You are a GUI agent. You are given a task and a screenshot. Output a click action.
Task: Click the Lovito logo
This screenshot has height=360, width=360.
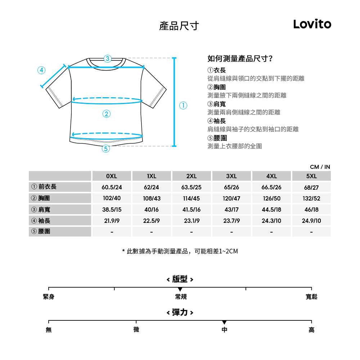312,24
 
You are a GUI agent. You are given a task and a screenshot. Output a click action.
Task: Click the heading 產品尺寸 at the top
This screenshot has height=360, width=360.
179,26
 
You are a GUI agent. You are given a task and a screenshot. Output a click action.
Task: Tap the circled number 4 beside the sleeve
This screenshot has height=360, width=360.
41,70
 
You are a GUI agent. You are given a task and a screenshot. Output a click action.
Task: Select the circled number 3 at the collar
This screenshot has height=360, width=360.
107,59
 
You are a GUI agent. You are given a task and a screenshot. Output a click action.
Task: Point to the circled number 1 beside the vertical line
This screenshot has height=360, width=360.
183,105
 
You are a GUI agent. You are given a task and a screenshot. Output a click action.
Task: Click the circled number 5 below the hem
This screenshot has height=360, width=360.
106,149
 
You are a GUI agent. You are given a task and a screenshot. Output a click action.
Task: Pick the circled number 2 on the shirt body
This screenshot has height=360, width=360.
106,114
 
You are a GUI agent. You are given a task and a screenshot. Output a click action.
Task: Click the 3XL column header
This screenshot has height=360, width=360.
231,176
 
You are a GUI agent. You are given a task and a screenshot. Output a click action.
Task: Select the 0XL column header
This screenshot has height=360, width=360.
112,176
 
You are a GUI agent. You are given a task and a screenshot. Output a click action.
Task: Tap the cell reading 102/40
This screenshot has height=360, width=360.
112,198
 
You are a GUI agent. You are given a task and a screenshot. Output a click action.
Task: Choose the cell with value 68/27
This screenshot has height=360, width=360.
311,187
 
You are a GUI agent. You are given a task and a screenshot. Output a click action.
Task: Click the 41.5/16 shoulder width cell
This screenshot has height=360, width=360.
192,210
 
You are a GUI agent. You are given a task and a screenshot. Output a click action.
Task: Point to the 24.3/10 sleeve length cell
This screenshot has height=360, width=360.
271,221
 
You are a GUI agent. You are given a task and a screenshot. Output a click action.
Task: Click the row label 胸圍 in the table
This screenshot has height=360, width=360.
44,198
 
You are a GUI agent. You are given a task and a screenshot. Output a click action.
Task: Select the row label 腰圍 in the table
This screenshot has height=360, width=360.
44,231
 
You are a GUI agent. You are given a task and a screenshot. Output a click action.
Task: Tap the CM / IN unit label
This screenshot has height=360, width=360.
320,167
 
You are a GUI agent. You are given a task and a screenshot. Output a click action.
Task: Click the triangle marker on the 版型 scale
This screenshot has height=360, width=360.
180,289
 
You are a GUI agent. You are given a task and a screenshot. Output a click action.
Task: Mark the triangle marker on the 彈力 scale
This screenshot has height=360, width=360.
224,322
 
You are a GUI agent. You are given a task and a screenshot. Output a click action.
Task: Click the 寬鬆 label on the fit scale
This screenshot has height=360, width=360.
311,297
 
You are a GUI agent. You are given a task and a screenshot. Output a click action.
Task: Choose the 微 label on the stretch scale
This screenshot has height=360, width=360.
136,330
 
